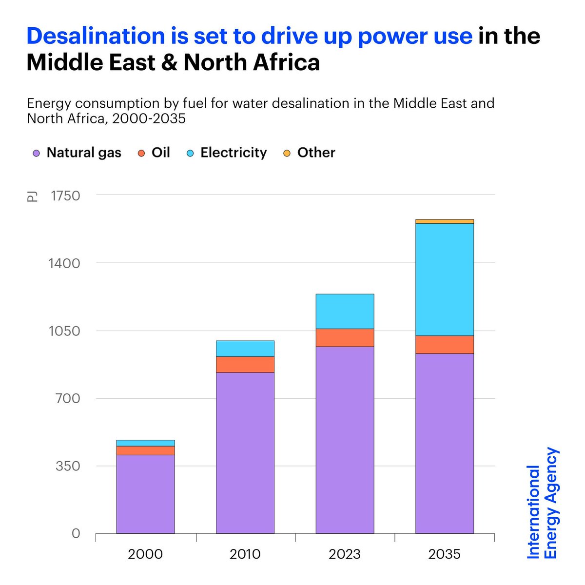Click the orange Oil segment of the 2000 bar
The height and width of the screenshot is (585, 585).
pyautogui.click(x=145, y=450)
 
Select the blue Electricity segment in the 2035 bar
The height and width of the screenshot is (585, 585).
pyautogui.click(x=444, y=279)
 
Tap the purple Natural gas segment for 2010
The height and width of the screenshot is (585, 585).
pyautogui.click(x=245, y=452)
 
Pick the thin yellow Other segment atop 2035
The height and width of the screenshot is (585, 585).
pyautogui.click(x=444, y=221)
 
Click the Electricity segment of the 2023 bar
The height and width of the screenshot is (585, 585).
pyautogui.click(x=345, y=311)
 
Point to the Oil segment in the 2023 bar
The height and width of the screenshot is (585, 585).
pyautogui.click(x=345, y=337)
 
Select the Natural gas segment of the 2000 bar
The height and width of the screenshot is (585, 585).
pyautogui.click(x=145, y=494)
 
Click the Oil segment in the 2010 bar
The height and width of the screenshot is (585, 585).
pyautogui.click(x=245, y=364)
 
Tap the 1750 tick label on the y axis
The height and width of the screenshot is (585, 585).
pyautogui.click(x=65, y=195)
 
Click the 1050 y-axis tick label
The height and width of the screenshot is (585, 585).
pyautogui.click(x=65, y=331)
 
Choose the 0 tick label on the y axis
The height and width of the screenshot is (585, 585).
pyautogui.click(x=76, y=533)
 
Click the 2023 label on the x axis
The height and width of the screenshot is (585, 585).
pyautogui.click(x=345, y=554)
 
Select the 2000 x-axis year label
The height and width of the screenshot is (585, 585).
pyautogui.click(x=145, y=554)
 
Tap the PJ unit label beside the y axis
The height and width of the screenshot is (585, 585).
pyautogui.click(x=32, y=196)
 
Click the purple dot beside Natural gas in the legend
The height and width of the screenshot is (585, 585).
pyautogui.click(x=36, y=153)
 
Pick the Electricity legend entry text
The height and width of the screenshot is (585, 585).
pyautogui.click(x=234, y=153)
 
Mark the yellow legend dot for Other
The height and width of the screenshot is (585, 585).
pyautogui.click(x=287, y=153)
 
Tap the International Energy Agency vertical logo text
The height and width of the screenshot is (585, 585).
pyautogui.click(x=542, y=503)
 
